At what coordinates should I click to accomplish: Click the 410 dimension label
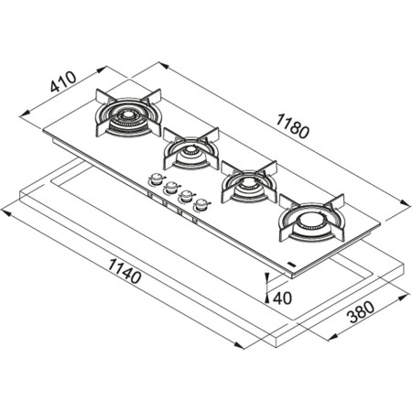[x=61, y=85]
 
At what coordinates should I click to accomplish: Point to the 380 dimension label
[x=363, y=316]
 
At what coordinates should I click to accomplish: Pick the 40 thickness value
[x=282, y=298]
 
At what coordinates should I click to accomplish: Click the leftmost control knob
[x=157, y=179]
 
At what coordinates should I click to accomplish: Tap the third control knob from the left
[x=184, y=195]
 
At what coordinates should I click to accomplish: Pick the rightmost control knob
[x=199, y=203]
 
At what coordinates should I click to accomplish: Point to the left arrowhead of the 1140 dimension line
[x=5, y=211]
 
